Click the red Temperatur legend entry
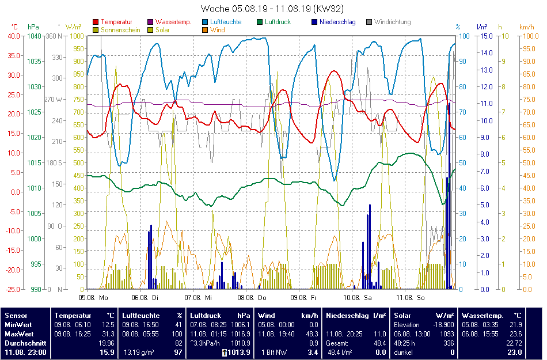(116, 22)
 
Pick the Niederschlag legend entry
(337, 22)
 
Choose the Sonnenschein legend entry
(120, 30)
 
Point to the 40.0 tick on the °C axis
(13, 36)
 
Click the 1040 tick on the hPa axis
(34, 36)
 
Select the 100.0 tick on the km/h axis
(528, 36)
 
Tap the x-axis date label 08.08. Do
(254, 298)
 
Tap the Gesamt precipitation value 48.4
(380, 343)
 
